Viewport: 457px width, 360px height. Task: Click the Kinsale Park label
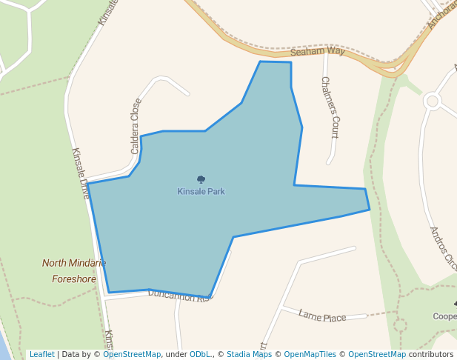201,191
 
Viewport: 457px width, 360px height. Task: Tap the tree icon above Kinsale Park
201,179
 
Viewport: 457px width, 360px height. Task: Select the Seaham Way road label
318,52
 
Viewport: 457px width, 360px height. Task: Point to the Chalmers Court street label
330,107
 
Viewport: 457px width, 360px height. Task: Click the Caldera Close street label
136,126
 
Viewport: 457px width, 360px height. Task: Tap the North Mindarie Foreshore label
74,271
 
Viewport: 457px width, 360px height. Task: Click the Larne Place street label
322,316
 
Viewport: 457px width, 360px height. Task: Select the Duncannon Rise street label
180,296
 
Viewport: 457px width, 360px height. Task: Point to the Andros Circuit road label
443,248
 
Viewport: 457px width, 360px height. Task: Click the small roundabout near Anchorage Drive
433,100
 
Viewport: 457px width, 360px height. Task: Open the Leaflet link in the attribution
42,354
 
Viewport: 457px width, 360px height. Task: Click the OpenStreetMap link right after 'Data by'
132,354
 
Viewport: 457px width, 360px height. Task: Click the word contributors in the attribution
431,354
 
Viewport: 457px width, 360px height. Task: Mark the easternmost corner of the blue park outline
370,210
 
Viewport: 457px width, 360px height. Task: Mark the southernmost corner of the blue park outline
210,298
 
